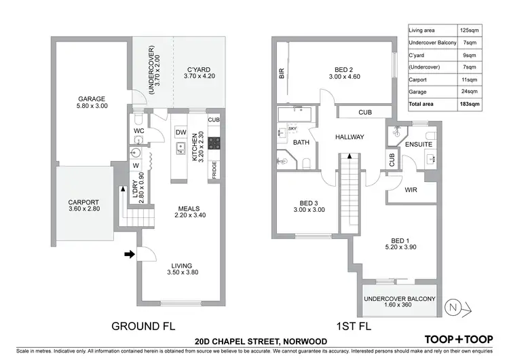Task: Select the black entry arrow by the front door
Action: coord(129,255)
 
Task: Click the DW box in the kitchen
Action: coord(181,132)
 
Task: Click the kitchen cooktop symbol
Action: coord(214,143)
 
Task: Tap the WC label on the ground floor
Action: coord(138,130)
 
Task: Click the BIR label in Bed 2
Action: coord(282,73)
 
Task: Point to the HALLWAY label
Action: coord(350,137)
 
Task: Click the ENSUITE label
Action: coord(419,145)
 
